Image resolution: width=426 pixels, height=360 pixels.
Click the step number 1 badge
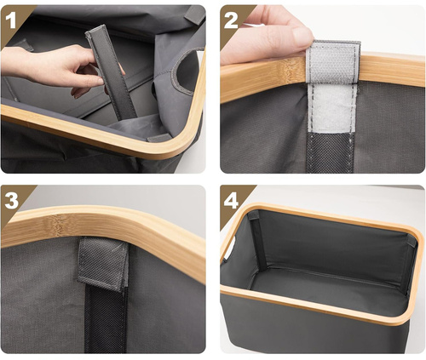point(13,15)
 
